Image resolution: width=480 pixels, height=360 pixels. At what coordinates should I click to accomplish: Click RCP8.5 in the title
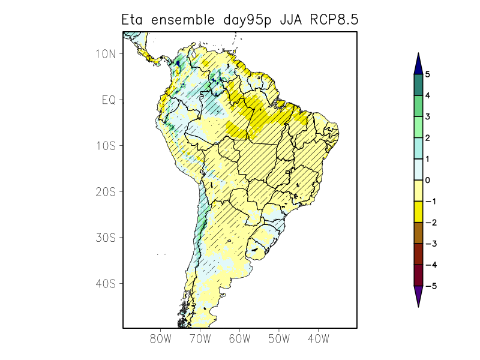click(335, 19)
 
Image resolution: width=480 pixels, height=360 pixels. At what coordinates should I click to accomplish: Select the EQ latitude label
click(109, 100)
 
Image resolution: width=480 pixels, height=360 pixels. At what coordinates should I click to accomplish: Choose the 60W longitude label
click(239, 338)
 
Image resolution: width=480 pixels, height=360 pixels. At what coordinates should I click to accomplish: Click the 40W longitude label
click(318, 338)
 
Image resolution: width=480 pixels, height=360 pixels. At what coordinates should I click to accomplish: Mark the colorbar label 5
click(428, 74)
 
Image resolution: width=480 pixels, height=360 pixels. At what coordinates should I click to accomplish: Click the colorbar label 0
click(428, 180)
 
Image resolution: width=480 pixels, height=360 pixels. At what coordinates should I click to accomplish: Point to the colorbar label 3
click(428, 116)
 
